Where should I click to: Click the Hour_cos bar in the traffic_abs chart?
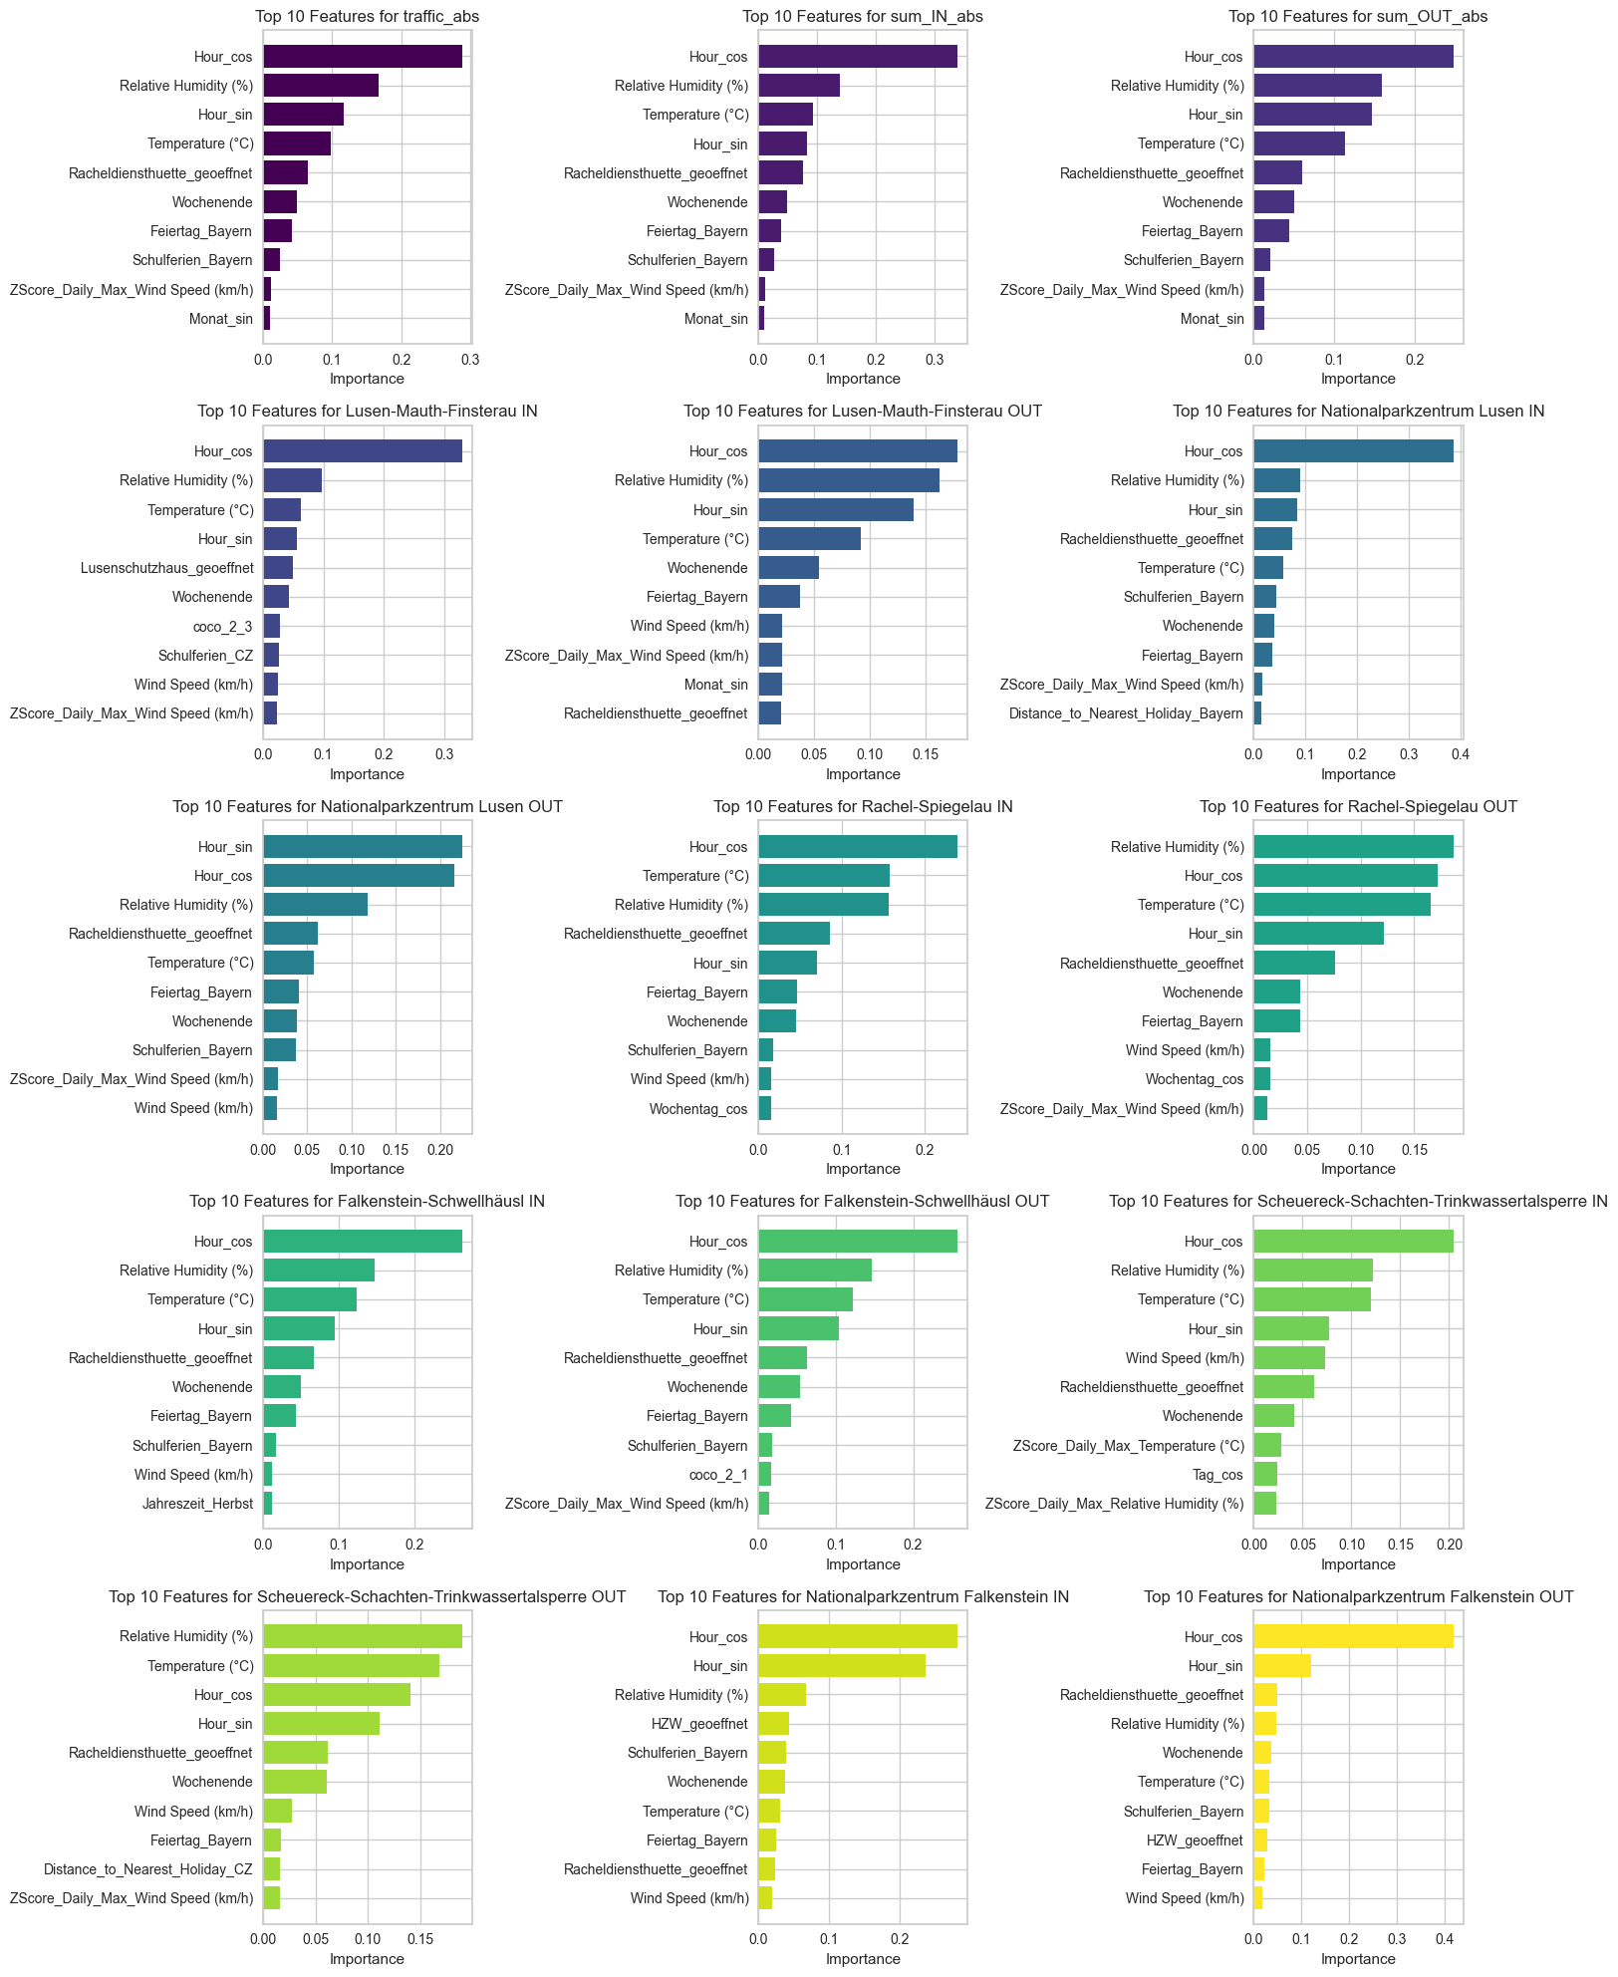[x=362, y=57]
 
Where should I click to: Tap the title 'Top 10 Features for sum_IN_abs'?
[x=863, y=17]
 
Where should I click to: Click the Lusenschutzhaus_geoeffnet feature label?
[x=167, y=568]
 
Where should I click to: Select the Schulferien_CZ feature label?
[x=205, y=656]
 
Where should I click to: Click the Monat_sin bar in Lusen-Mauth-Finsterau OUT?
[x=770, y=685]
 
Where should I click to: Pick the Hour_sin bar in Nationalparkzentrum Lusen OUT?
[x=362, y=847]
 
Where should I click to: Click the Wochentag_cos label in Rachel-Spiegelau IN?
[x=698, y=1109]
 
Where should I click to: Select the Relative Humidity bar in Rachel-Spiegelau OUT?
[x=1353, y=847]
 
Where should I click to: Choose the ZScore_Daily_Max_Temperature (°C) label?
[x=1128, y=1446]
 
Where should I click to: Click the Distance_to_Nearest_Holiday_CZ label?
[x=148, y=1869]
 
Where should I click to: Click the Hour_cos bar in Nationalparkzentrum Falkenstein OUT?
[x=1353, y=1637]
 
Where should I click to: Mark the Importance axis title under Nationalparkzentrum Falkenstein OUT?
[x=1358, y=1959]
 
